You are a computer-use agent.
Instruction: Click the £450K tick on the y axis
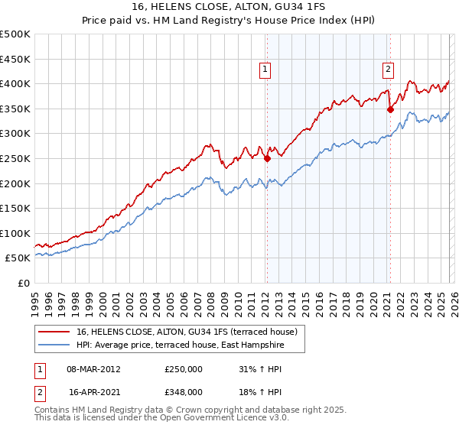pos(15,59)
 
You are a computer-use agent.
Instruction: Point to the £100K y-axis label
pos(15,233)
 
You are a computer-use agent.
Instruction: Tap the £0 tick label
pos(24,283)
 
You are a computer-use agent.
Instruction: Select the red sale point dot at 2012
pos(267,159)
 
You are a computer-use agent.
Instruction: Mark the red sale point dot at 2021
pos(390,109)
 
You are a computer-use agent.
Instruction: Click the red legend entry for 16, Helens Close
pos(191,331)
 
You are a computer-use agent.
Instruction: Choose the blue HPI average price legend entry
pos(180,345)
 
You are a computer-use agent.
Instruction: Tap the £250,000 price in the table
pos(184,368)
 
